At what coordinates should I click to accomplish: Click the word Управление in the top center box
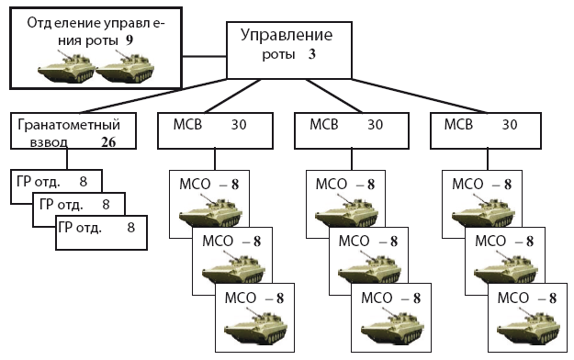pos(285,36)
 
